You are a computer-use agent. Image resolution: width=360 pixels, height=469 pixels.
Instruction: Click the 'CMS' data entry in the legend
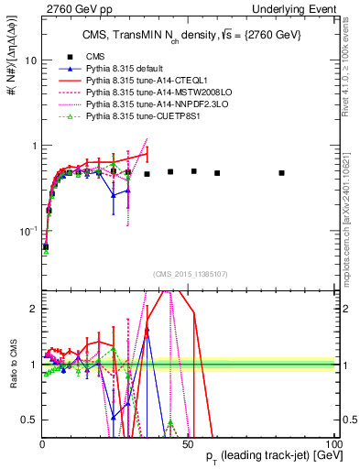click(96, 57)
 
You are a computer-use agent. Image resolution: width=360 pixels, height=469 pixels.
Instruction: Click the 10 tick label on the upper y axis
click(30, 60)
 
